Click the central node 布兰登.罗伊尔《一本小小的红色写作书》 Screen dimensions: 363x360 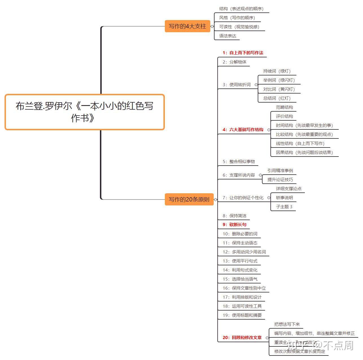(84, 112)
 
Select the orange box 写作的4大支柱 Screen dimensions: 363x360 (187, 26)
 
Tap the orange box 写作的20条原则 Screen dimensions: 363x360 (189, 199)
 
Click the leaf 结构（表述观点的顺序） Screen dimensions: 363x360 (241, 9)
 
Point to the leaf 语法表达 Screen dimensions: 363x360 (228, 36)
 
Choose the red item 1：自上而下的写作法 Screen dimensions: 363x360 (243, 53)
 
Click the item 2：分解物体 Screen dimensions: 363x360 (234, 62)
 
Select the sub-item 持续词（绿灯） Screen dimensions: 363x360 (277, 71)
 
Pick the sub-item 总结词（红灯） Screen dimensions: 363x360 (277, 98)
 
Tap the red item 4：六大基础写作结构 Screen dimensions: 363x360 (243, 130)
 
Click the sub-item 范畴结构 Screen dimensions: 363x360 (284, 107)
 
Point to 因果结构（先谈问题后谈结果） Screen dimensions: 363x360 (304, 152)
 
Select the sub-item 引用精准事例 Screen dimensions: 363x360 (280, 170)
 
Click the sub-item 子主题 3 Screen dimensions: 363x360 (284, 207)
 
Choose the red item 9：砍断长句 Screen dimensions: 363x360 (234, 225)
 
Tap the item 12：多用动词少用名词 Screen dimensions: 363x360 (244, 252)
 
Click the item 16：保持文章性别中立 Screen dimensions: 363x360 (244, 288)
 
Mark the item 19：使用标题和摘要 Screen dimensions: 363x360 (242, 315)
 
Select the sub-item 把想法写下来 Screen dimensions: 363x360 (287, 324)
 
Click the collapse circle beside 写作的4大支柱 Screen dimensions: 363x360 (212, 27)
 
